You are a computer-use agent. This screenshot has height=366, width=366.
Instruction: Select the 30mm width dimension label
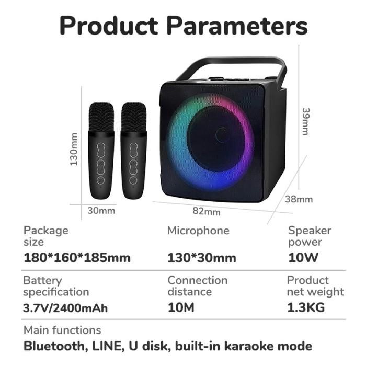coord(101,211)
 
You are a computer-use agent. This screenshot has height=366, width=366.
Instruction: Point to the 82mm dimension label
coord(207,211)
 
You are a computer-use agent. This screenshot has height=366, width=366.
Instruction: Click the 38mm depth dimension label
coord(299,199)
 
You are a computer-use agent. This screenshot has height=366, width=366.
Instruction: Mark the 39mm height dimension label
coord(306,121)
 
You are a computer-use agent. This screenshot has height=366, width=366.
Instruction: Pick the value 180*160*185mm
coord(77,258)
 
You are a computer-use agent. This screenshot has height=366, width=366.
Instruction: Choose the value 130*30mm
coord(201,258)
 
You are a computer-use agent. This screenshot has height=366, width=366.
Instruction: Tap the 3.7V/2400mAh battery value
coord(65,307)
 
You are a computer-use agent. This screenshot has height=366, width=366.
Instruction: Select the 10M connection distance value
coord(180,307)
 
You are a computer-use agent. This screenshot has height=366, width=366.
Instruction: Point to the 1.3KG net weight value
coord(306,307)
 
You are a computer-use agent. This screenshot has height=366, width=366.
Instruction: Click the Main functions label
coord(62,330)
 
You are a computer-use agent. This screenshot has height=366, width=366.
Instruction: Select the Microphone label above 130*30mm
coord(198,231)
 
